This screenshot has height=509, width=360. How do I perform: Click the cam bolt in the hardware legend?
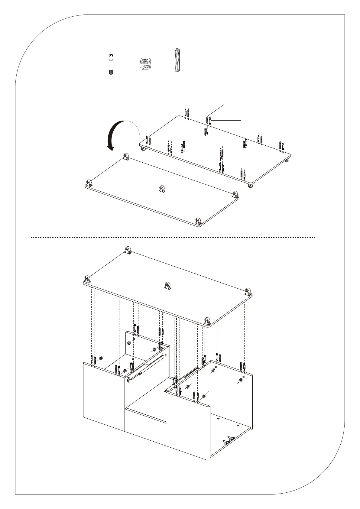(x=111, y=64)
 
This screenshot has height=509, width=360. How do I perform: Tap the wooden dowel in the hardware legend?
(x=177, y=60)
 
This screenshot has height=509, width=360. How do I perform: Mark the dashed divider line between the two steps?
(x=173, y=238)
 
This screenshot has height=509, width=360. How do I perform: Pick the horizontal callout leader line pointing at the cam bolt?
(x=227, y=120)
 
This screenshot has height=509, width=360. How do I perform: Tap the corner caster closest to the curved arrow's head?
(x=126, y=157)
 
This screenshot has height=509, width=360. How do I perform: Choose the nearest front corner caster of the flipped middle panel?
(x=198, y=221)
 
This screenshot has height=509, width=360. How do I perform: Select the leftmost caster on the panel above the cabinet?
(x=88, y=280)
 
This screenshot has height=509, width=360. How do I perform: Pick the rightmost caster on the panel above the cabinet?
(x=248, y=292)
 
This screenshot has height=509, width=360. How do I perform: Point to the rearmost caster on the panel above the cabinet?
(x=128, y=251)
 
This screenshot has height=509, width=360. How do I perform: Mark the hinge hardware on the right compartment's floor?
(x=229, y=441)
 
